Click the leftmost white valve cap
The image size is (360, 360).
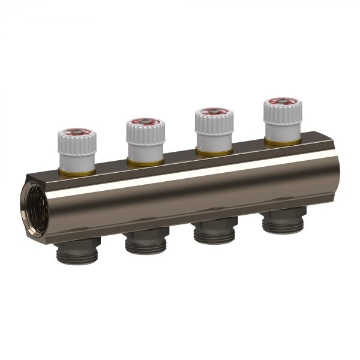[77, 153]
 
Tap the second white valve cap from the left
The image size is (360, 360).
[145, 142]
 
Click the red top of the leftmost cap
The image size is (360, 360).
[77, 133]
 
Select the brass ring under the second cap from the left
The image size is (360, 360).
[145, 161]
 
